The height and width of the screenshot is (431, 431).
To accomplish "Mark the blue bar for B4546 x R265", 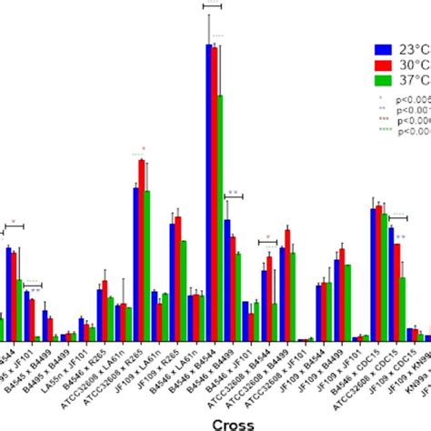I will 100,315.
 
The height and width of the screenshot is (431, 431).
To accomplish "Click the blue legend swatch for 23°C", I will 383,49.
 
